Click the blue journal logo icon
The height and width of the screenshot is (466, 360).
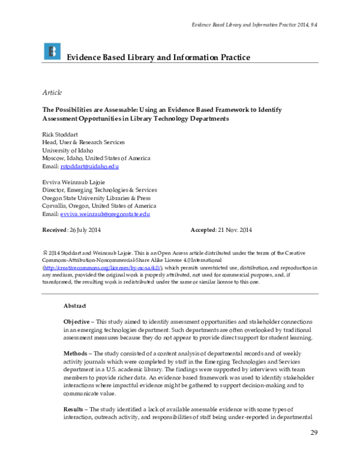pyautogui.click(x=52, y=52)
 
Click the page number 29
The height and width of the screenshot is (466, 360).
pyautogui.click(x=313, y=433)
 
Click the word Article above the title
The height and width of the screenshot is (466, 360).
pyautogui.click(x=51, y=92)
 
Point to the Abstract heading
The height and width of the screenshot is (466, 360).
pyautogui.click(x=75, y=306)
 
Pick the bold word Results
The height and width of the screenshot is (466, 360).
pyautogui.click(x=75, y=410)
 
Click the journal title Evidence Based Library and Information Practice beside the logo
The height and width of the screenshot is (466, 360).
pyautogui.click(x=157, y=57)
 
